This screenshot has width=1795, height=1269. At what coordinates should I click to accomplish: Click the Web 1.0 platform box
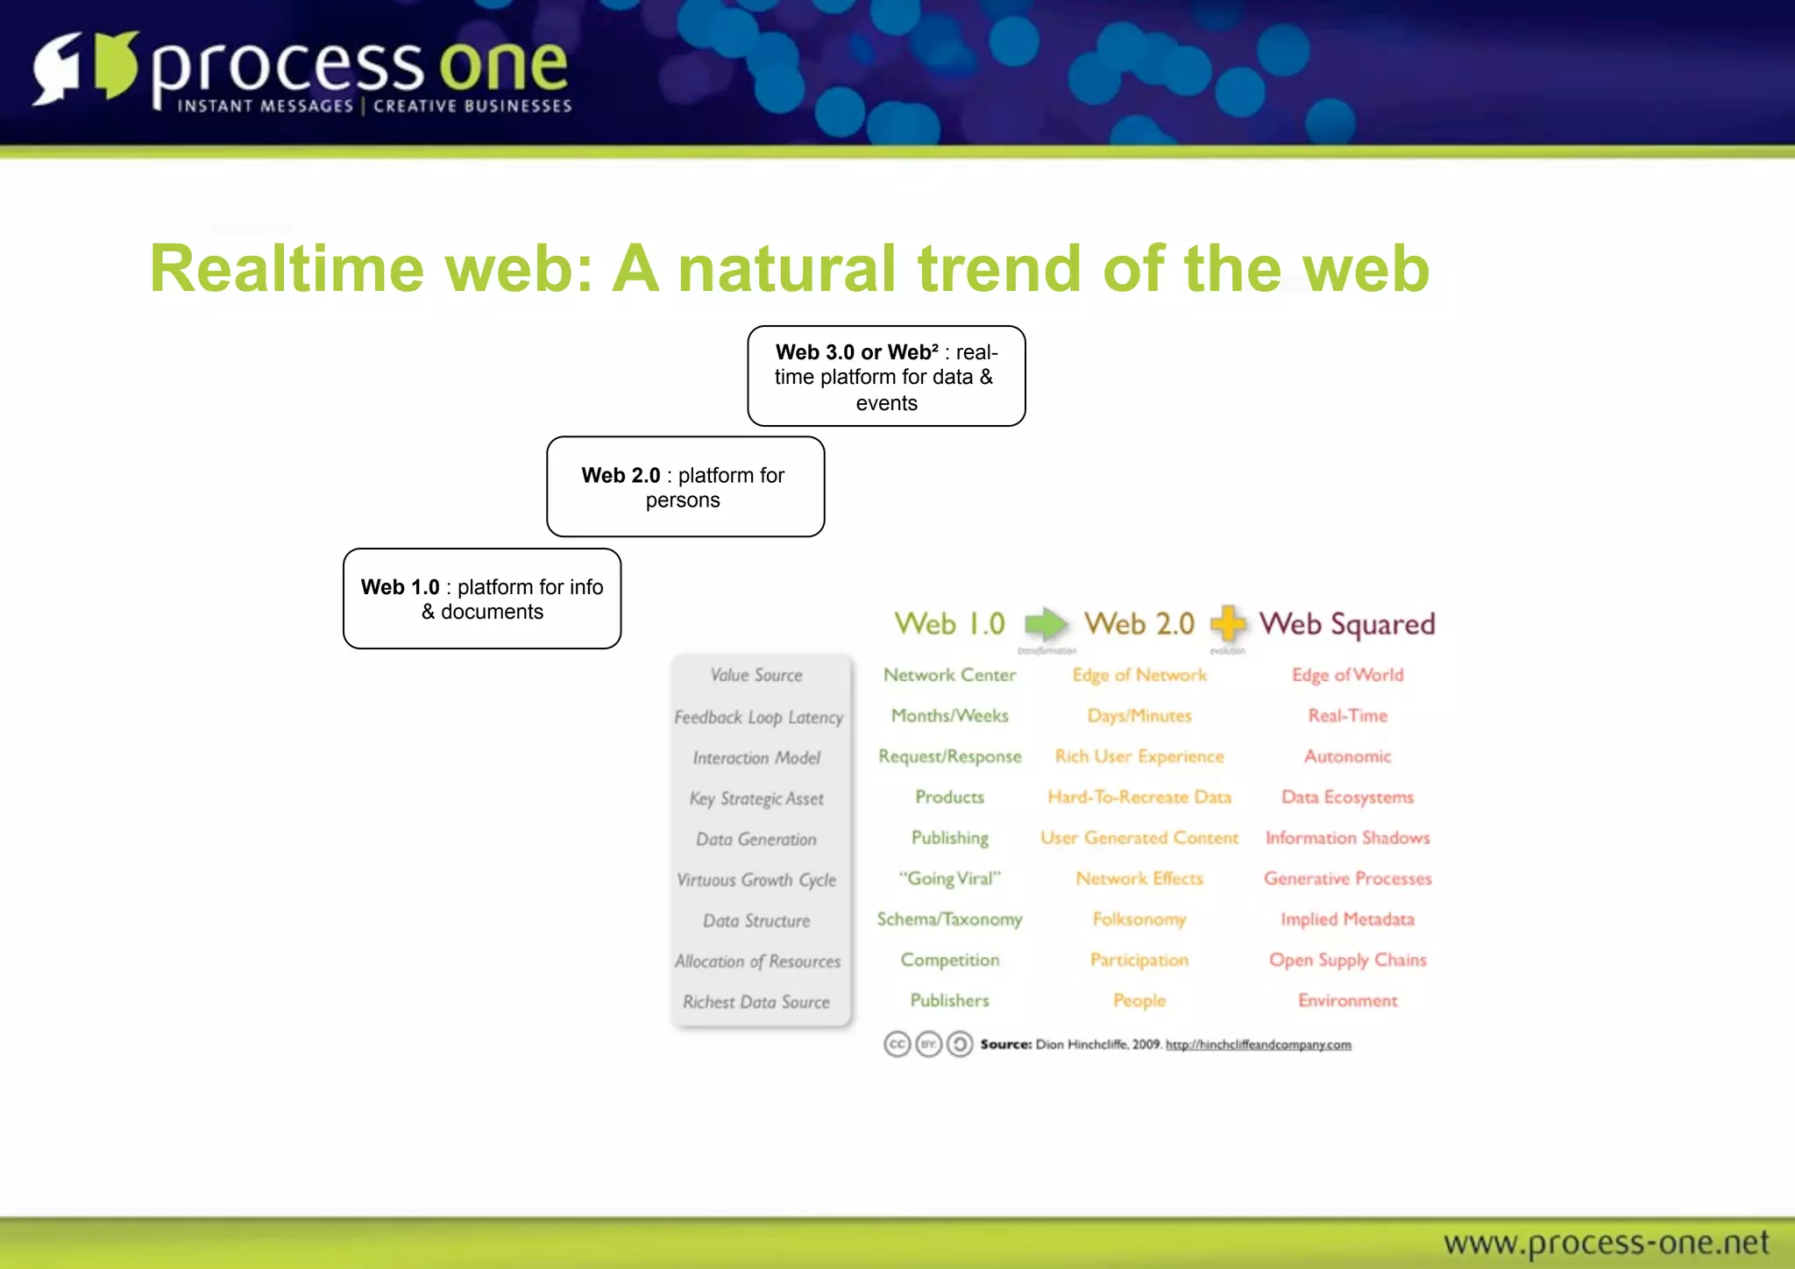(482, 599)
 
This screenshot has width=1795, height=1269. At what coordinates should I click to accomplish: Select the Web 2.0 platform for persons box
(685, 487)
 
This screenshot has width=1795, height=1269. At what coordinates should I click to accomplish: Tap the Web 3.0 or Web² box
(886, 377)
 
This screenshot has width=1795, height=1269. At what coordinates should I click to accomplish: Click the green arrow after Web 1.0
(1046, 624)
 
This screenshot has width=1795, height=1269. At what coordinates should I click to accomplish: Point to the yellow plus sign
(1228, 623)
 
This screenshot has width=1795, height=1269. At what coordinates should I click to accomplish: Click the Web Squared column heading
(1347, 624)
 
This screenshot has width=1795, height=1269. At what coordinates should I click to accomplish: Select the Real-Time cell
(1347, 716)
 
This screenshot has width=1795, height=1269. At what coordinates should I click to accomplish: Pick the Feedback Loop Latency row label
(758, 717)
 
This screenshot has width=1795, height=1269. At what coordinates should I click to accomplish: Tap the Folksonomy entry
(1139, 919)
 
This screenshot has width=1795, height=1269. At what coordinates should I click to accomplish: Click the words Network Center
(949, 675)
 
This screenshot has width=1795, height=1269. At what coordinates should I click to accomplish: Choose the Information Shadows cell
(1347, 838)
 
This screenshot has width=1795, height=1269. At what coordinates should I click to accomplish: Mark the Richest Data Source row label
(756, 1002)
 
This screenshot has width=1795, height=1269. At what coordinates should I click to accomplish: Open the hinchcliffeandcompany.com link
(1258, 1045)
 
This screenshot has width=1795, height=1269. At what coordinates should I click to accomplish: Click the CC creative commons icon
(897, 1045)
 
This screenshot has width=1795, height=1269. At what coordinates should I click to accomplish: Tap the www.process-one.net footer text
(1605, 1243)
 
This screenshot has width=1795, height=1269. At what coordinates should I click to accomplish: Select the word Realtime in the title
(287, 268)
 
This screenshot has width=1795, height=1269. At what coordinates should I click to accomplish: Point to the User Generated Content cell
(1139, 838)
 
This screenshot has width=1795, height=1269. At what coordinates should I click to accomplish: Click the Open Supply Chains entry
(1347, 960)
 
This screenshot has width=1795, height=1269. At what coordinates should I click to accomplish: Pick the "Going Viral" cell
(949, 878)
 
